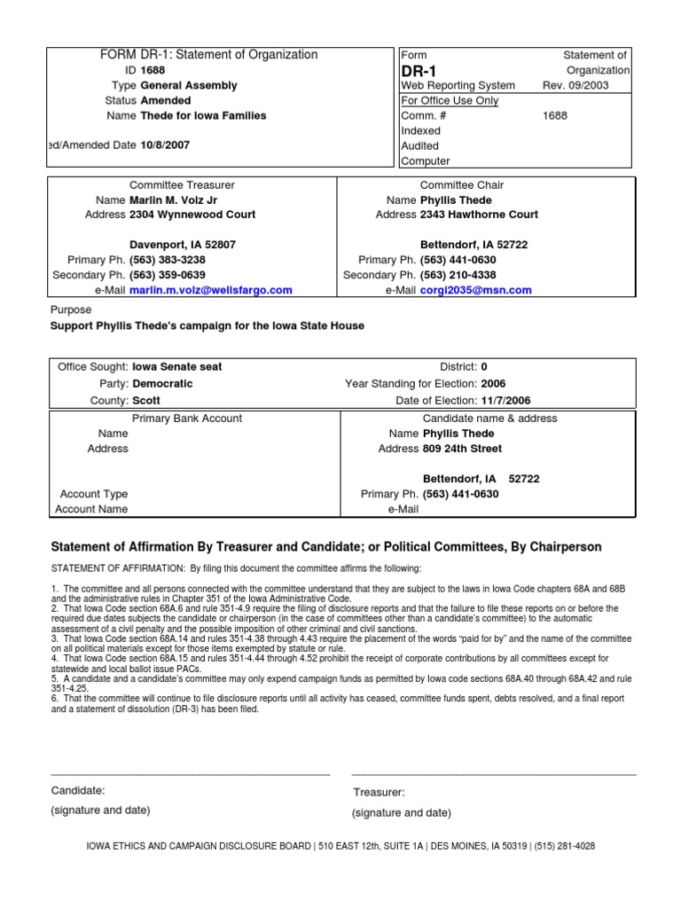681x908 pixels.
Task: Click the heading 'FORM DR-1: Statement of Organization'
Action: point(208,55)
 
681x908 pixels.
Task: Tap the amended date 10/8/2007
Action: point(165,145)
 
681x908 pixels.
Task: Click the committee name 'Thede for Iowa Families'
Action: point(203,115)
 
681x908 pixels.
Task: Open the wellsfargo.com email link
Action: point(211,290)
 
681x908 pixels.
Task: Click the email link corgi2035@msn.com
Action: point(475,290)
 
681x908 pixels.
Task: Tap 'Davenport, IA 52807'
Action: point(183,245)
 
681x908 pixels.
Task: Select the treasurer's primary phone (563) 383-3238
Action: point(168,260)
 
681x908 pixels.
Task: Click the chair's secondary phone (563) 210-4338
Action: point(458,275)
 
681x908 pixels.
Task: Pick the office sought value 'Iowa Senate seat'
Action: point(177,366)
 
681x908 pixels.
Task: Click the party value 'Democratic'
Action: point(162,384)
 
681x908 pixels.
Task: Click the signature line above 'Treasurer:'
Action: point(494,774)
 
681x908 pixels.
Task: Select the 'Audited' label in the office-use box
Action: point(419,145)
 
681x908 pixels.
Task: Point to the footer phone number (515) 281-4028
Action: point(563,847)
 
